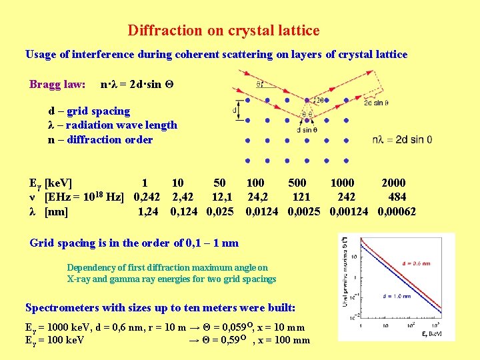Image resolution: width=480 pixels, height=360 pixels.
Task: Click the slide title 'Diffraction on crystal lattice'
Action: tap(223, 31)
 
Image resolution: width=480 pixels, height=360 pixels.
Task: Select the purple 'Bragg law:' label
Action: tap(57, 85)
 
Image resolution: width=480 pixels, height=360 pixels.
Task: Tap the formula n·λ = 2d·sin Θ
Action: tap(137, 85)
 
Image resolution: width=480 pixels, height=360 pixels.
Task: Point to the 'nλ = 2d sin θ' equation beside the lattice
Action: tap(402, 139)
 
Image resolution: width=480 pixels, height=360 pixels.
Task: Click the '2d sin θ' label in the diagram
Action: tap(376, 103)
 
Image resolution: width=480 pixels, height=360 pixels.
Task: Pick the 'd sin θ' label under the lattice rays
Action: tap(307, 129)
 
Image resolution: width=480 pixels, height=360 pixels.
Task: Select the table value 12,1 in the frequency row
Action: tap(222, 197)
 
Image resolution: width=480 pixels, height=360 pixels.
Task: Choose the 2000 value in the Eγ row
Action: tap(393, 183)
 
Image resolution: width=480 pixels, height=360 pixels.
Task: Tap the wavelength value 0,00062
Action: tap(397, 212)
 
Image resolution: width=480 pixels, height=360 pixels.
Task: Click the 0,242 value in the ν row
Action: tap(147, 197)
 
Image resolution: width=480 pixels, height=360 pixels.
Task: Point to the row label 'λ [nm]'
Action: tap(49, 212)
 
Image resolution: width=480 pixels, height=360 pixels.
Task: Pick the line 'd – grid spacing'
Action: tap(89, 111)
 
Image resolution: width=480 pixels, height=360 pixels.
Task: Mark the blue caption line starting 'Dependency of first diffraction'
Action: tap(167, 268)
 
